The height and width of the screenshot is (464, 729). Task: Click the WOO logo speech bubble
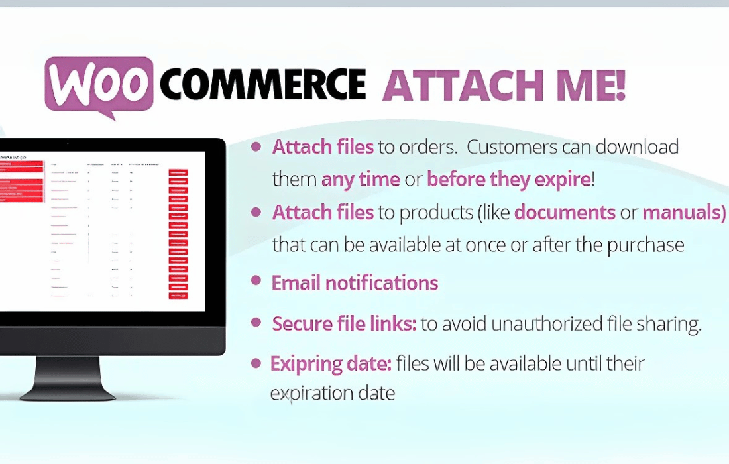coord(99,85)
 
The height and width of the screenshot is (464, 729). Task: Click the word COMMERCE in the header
coord(262,85)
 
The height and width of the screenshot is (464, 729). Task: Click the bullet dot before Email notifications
coord(256,280)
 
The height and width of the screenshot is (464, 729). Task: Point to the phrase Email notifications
coord(355,284)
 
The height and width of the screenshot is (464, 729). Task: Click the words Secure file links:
coord(344,324)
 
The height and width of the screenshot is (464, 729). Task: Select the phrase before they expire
coord(508,179)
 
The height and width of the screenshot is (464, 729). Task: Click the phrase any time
coord(361,179)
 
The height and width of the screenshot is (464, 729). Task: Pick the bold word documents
coord(565,213)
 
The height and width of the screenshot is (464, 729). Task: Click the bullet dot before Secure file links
coord(256,322)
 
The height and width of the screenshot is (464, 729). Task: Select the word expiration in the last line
coord(314,393)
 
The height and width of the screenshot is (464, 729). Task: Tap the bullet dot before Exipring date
coord(256,363)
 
